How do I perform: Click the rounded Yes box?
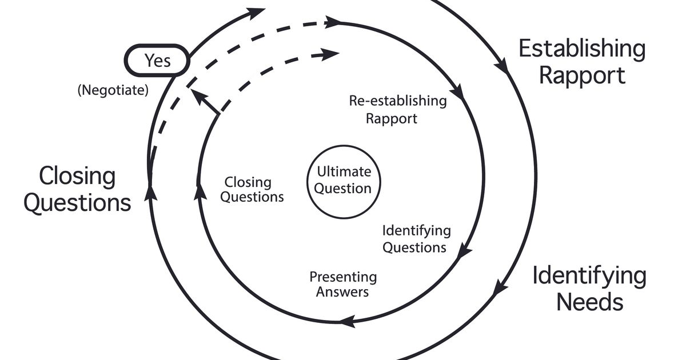tap(157, 60)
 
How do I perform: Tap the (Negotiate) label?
tap(113, 90)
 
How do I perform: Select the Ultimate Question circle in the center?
tap(344, 181)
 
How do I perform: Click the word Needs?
tap(589, 301)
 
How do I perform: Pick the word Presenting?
tap(343, 277)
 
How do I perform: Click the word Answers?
tap(343, 292)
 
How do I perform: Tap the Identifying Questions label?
tap(416, 239)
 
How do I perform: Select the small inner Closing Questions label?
tap(252, 190)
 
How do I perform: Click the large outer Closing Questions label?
tap(77, 189)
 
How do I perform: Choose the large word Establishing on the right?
tap(581, 49)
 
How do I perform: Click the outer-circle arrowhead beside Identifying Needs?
tap(499, 286)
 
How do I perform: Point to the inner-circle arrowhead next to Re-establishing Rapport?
tap(457, 91)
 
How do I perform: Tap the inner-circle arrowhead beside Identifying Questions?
tap(465, 251)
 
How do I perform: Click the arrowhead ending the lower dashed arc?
tap(330, 55)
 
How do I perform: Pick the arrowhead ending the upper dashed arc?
tap(332, 22)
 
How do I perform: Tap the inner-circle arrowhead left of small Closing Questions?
tap(200, 191)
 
